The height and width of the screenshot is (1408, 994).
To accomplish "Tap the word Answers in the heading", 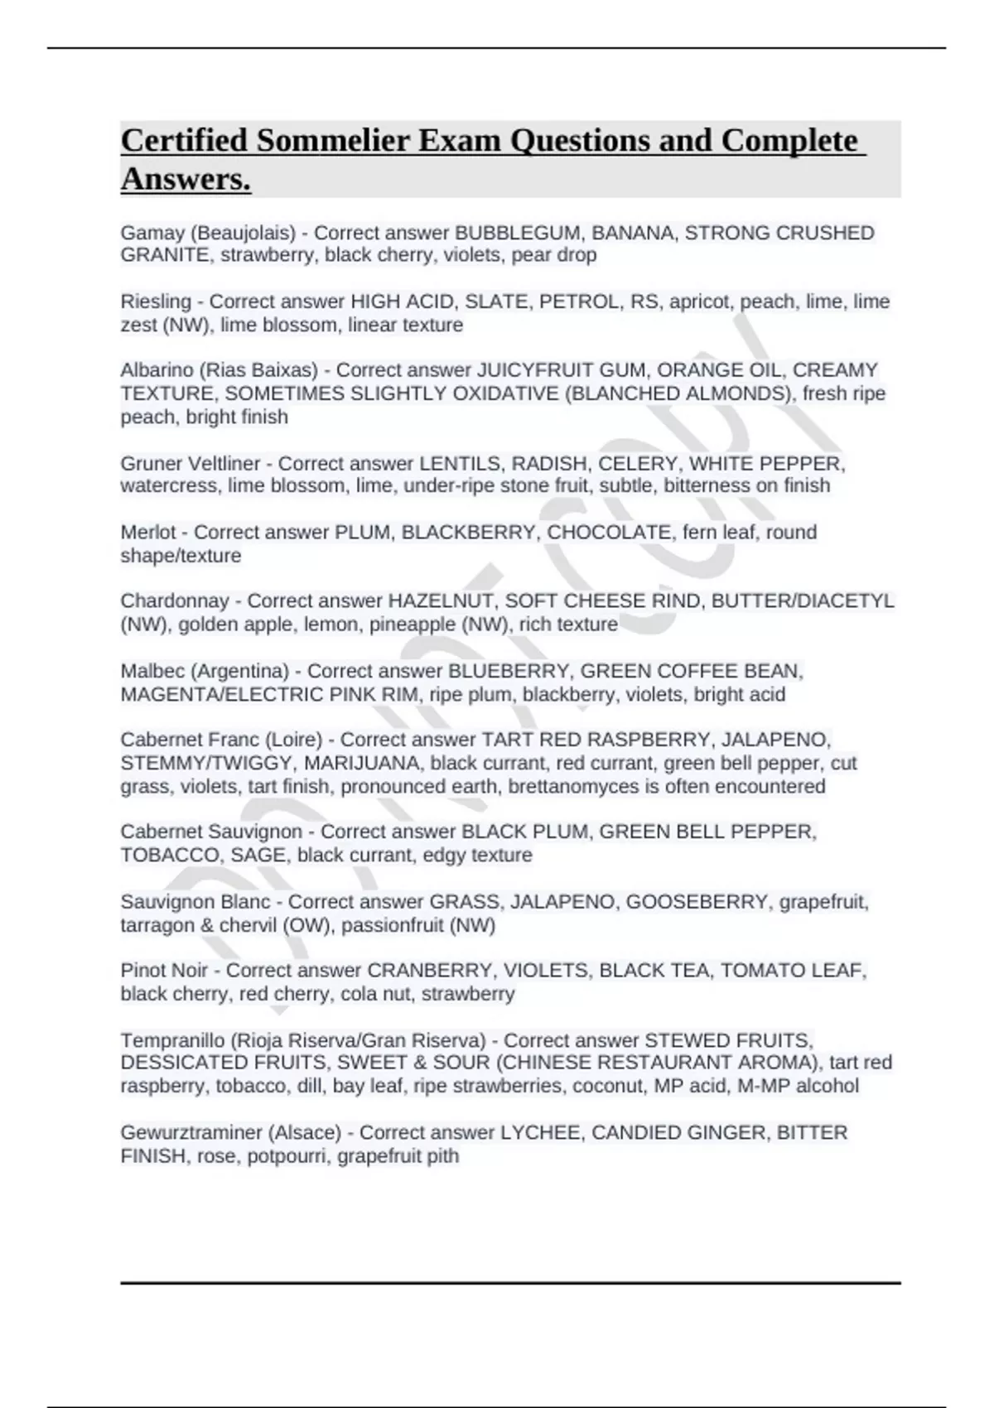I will (x=185, y=178).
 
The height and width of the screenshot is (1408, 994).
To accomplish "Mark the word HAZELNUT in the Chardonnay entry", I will (x=440, y=600).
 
